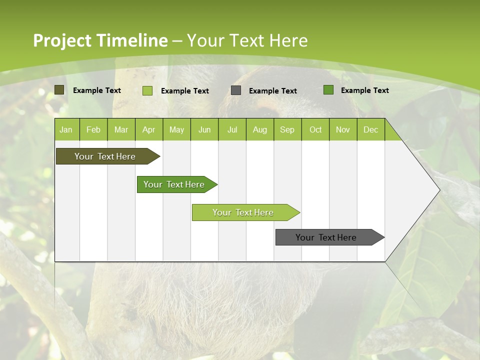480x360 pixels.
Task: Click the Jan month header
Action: [x=66, y=130]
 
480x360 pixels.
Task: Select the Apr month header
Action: [x=149, y=130]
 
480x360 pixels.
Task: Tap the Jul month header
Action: [x=232, y=130]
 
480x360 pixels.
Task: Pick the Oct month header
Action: [x=315, y=130]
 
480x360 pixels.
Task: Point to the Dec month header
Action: [x=370, y=130]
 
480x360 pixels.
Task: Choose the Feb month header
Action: [x=93, y=130]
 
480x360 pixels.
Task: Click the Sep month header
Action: [x=287, y=130]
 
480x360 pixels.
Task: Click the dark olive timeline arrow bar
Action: [x=108, y=156]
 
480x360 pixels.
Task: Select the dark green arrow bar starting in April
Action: [x=177, y=184]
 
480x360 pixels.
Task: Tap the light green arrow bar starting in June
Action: [x=246, y=212]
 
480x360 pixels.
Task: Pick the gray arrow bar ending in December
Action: [x=330, y=237]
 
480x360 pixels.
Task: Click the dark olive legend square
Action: [x=59, y=90]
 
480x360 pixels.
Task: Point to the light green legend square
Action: [x=147, y=90]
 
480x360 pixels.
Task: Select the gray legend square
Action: [x=236, y=90]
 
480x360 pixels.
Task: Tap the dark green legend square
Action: [x=328, y=90]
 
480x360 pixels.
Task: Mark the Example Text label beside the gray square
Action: [x=273, y=91]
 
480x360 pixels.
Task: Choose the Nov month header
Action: [x=343, y=130]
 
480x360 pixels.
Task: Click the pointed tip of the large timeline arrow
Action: [x=440, y=190]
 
